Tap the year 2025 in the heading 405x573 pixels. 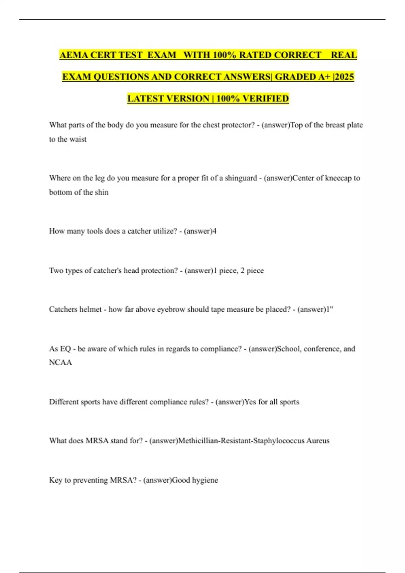(344, 77)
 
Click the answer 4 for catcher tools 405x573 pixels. (215, 231)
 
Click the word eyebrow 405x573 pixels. (171, 309)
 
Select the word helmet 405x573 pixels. (89, 309)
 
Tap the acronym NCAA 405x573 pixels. (60, 363)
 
